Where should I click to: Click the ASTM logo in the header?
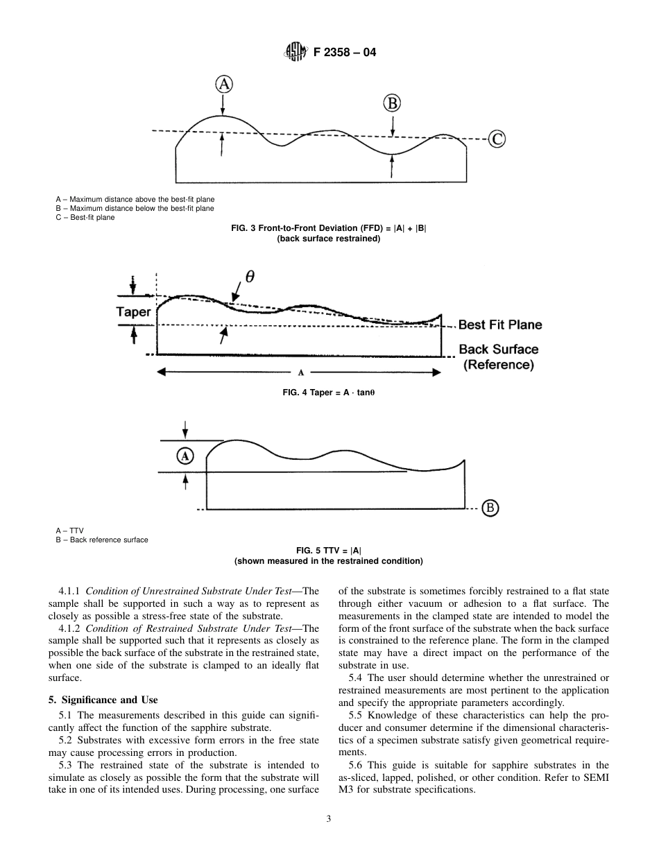(x=294, y=51)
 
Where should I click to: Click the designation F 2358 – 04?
(x=344, y=51)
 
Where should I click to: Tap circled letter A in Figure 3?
(x=223, y=85)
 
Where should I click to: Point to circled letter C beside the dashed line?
(x=497, y=139)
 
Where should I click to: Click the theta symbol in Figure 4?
(x=250, y=276)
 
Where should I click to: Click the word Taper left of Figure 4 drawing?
(x=133, y=312)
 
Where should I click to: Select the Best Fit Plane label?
(x=499, y=325)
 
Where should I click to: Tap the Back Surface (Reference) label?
(x=498, y=357)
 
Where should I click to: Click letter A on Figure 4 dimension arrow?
(x=301, y=373)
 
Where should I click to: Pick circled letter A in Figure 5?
(x=185, y=456)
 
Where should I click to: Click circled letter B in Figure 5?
(x=490, y=508)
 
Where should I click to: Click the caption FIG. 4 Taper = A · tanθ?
(x=329, y=393)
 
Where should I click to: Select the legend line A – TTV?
(x=70, y=531)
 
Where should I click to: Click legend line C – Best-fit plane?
(x=86, y=217)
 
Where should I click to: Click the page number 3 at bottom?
(x=329, y=818)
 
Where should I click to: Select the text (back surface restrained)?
(x=328, y=239)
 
